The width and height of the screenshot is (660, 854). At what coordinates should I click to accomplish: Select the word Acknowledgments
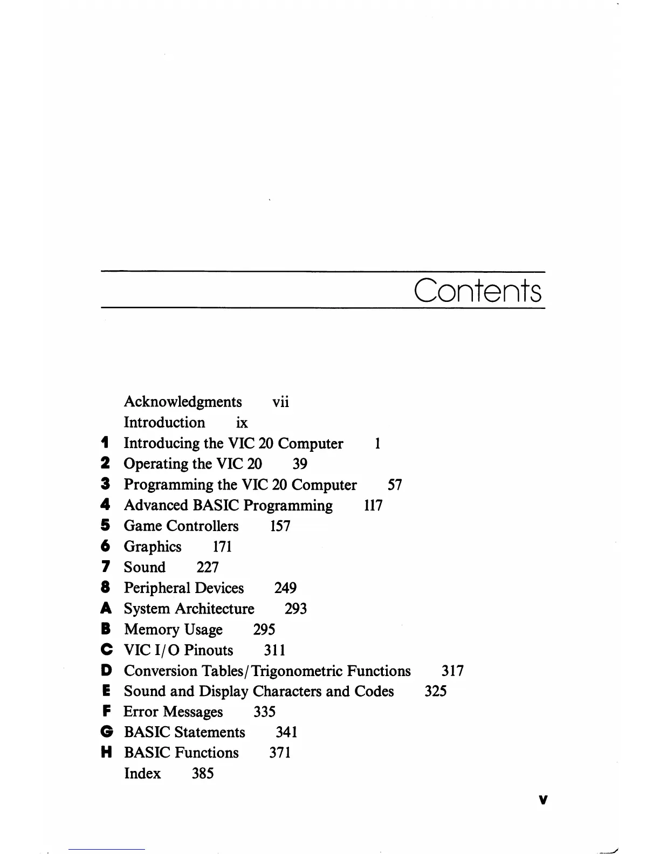tap(183, 402)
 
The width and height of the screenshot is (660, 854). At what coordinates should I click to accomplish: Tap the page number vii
tap(280, 402)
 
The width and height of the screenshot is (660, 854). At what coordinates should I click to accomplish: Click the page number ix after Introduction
tap(242, 423)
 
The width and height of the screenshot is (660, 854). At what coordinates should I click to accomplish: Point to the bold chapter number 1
tap(106, 443)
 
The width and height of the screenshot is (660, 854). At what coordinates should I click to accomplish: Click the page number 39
tap(300, 464)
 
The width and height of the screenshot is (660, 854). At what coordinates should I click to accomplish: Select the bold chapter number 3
tap(106, 484)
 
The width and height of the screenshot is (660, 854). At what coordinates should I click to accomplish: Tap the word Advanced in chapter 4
tap(156, 505)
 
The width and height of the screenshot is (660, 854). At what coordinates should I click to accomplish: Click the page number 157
tap(280, 526)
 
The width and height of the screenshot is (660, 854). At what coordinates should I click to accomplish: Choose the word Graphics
tap(153, 547)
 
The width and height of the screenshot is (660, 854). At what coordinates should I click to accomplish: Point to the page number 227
tap(208, 567)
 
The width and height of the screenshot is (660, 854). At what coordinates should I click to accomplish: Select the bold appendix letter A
tap(106, 609)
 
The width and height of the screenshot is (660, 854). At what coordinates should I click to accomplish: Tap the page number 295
tap(264, 630)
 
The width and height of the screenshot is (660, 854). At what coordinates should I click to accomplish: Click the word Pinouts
tap(209, 650)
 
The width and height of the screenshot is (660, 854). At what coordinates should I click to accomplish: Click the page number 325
tap(435, 691)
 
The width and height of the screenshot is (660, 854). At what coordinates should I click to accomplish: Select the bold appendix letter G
tap(106, 732)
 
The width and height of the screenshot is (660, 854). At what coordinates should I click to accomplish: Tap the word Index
tap(142, 774)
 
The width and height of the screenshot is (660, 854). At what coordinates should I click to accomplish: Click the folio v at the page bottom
tap(543, 800)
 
